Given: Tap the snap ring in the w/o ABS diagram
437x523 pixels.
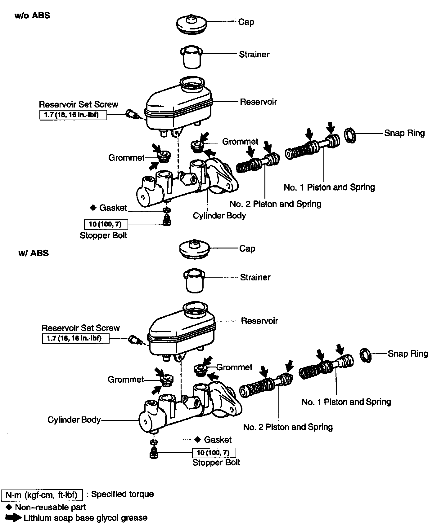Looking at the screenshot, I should tap(350, 135).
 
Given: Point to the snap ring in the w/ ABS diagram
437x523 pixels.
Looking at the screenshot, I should tap(366, 355).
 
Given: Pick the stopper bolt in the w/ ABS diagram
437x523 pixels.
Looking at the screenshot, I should tap(154, 453).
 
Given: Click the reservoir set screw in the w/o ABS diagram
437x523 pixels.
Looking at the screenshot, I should tap(131, 114).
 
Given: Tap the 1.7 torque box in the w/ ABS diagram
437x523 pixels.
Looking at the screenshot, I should tap(76, 338).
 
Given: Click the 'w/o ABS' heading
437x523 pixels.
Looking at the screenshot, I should tap(32, 15).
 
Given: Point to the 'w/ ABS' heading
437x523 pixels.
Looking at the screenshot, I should tap(34, 253).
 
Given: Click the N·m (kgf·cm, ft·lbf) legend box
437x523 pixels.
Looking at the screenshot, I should tap(42, 495).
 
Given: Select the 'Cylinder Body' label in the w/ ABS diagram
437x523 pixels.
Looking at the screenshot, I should tap(74, 420).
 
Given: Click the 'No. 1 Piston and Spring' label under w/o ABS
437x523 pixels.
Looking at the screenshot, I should tap(329, 187).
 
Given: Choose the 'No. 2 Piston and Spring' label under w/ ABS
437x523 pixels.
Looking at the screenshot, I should tap(288, 427).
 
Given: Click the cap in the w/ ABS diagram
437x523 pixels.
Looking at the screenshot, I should tap(195, 249).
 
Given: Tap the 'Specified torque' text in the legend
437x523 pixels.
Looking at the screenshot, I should tap(122, 494).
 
